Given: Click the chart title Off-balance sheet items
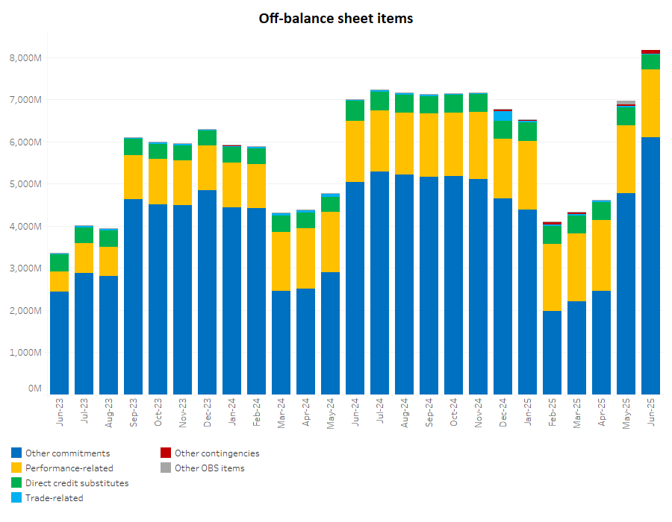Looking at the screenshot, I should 335,18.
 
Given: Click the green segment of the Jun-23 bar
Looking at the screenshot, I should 59,262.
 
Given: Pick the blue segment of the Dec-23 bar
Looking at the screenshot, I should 207,292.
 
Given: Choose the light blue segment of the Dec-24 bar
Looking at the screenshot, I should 503,116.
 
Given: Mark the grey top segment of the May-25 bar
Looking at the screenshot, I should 626,102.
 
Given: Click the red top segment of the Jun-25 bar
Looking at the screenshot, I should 650,51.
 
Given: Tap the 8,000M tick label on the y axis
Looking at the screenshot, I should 25,57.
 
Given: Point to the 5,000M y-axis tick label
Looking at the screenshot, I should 25,183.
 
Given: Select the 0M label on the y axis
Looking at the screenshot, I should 34,389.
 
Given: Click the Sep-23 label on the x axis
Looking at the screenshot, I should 134,411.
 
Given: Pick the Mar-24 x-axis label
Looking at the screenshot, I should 281,411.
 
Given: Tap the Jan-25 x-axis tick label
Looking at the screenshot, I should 527,411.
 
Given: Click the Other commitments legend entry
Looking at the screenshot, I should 67,453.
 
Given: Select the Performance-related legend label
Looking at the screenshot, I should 69,468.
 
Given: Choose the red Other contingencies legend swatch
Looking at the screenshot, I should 166,453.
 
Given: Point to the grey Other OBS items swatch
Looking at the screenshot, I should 166,468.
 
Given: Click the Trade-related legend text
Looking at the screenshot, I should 54,497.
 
